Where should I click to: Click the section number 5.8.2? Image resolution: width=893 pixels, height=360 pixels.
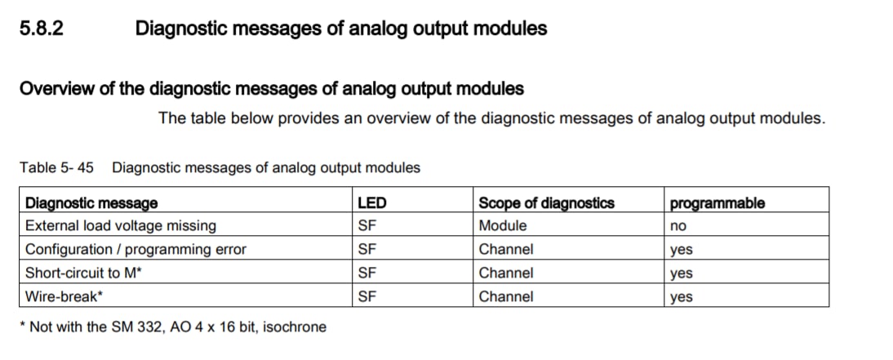pos(41,28)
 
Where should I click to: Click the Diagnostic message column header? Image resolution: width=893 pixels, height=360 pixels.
pos(91,202)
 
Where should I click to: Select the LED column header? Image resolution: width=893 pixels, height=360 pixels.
pos(371,202)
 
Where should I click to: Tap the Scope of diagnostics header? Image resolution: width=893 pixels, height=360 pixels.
pos(546,202)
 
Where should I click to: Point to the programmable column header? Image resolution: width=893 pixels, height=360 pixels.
pos(717,203)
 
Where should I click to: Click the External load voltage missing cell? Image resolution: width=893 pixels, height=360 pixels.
pos(121,225)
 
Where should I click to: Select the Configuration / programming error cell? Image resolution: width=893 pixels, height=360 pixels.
pos(136,250)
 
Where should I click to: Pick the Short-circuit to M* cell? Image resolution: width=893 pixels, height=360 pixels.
pos(83,273)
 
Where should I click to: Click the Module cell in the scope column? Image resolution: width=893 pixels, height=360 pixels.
pos(502,225)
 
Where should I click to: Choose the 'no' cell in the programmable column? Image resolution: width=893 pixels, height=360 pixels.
pos(678,227)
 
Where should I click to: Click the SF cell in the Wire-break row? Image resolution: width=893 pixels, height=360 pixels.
pos(367,297)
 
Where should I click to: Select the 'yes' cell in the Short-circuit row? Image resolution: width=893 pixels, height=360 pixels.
pos(681,274)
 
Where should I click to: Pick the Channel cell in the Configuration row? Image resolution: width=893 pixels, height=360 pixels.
pos(506,250)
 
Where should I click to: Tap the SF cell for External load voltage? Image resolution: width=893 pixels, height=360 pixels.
pos(367,225)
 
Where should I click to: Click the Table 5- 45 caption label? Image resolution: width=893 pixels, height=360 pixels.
pos(56,167)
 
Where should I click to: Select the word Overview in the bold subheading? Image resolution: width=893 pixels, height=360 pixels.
pos(52,89)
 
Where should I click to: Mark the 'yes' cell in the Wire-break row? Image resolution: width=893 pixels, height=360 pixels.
pos(681,297)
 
